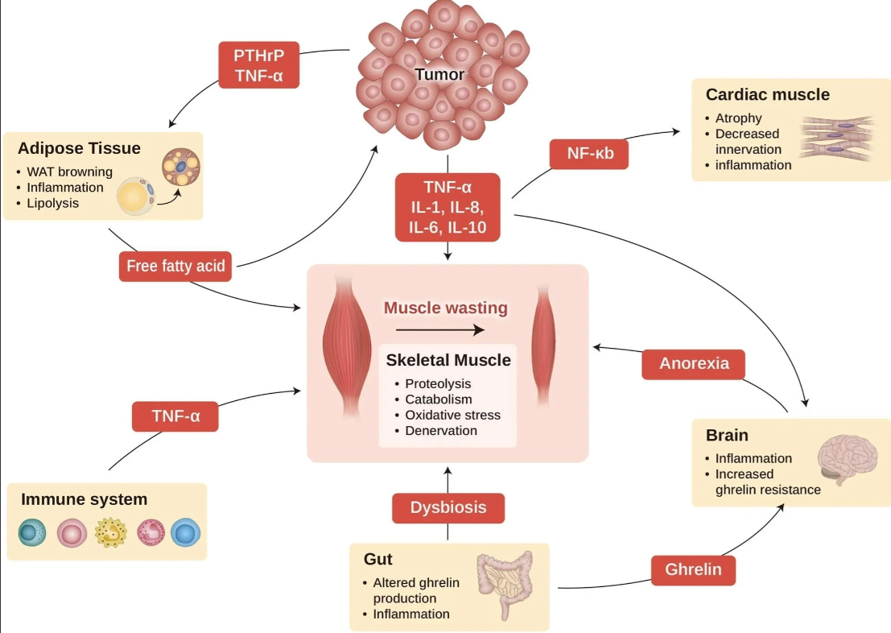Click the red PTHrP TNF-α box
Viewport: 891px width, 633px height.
[259, 65]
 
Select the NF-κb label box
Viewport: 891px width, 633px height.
[589, 154]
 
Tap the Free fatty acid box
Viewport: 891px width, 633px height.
[175, 267]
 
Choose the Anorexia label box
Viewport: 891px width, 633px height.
[693, 364]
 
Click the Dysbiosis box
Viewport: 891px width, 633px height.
[448, 508]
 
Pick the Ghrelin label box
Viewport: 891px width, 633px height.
[693, 570]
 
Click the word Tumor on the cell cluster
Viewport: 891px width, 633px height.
[439, 75]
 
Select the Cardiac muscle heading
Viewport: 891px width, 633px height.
[768, 94]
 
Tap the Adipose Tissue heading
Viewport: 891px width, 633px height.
[79, 148]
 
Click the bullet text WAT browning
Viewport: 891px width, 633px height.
[69, 172]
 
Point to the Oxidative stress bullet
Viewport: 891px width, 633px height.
[453, 416]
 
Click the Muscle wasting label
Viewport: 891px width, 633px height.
[446, 308]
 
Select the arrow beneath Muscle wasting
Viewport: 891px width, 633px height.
[440, 330]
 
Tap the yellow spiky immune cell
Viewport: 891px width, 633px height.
[111, 533]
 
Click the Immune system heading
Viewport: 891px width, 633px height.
[84, 499]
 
